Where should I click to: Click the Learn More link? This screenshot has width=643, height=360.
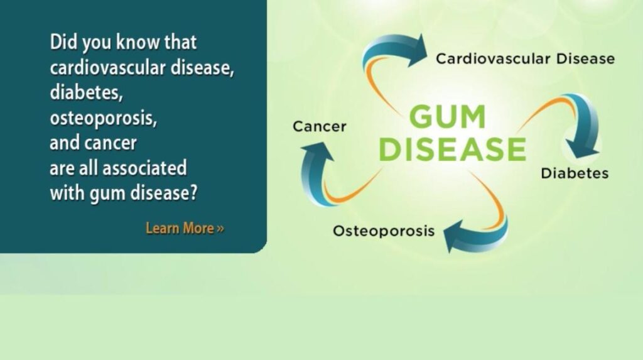185,228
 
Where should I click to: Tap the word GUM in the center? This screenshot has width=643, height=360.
448,117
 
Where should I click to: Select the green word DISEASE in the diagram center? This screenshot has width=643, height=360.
453,149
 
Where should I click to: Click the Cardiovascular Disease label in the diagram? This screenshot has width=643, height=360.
526,58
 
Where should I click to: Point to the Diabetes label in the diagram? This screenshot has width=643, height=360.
575,173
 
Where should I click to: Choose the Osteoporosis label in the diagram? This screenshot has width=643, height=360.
384,231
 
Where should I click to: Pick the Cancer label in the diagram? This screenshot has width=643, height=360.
320,126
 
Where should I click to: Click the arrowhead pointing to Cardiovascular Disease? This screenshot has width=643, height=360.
417,50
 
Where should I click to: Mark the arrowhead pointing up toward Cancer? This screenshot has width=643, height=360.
317,151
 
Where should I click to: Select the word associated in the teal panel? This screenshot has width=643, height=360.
144,168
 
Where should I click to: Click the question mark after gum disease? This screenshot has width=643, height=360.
193,192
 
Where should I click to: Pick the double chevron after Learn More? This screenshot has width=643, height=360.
220,229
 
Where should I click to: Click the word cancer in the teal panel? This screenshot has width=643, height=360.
111,143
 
